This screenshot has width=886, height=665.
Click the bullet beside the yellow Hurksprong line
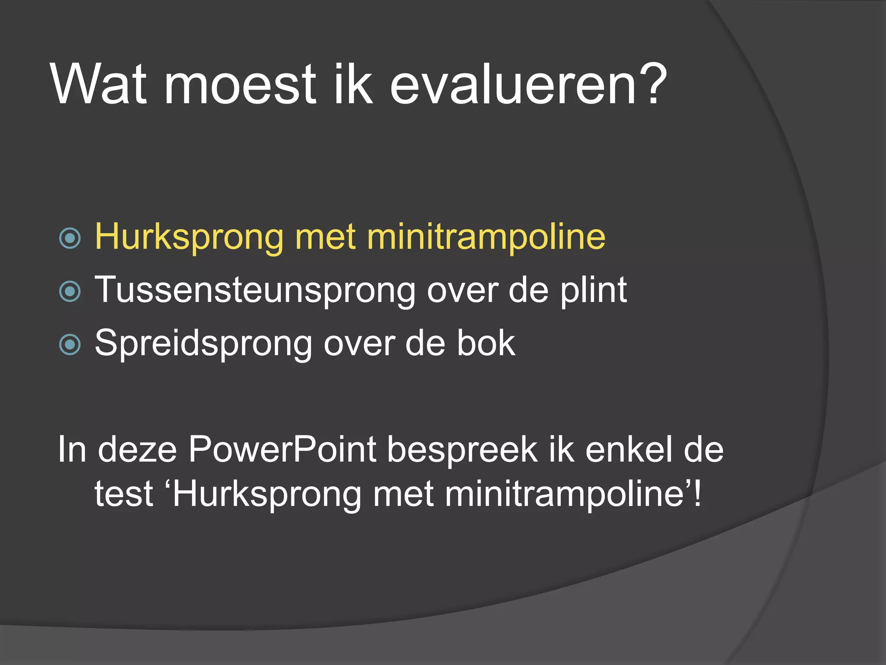70,238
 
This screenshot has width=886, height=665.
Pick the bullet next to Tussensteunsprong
70,291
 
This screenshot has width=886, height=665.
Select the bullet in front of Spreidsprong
70,345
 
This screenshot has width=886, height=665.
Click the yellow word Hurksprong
189,237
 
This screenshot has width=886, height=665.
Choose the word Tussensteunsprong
255,290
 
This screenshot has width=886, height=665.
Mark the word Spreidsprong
203,344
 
